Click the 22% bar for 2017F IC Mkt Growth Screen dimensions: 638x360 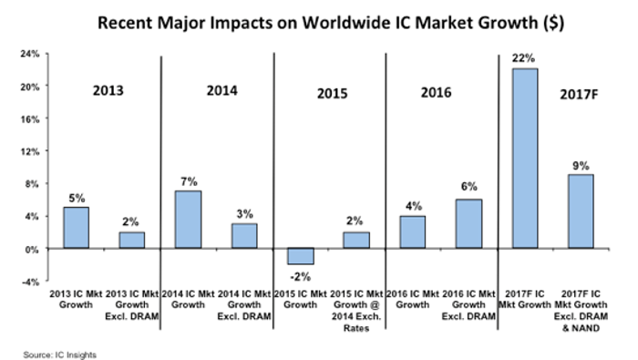point(525,159)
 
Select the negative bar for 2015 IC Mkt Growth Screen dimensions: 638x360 point(301,256)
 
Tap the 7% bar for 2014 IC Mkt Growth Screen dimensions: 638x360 point(188,220)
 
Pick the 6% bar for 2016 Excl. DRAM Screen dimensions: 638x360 point(468,223)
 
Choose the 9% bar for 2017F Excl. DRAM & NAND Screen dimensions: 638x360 point(581,211)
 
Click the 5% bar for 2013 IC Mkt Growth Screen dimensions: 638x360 point(76,228)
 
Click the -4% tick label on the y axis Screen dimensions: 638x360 point(30,282)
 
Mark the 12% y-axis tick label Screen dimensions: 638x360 point(30,151)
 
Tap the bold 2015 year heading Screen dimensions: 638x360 point(332,94)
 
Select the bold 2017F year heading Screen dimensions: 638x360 point(579,95)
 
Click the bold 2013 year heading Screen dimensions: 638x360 point(108,90)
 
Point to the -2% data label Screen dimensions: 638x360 point(301,277)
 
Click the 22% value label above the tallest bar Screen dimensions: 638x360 point(523,58)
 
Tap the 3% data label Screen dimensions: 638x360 point(244,213)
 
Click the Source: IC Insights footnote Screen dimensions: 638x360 point(60,355)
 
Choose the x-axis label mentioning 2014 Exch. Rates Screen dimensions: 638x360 point(356,311)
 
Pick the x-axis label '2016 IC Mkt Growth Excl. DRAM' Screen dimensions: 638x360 point(468,305)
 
